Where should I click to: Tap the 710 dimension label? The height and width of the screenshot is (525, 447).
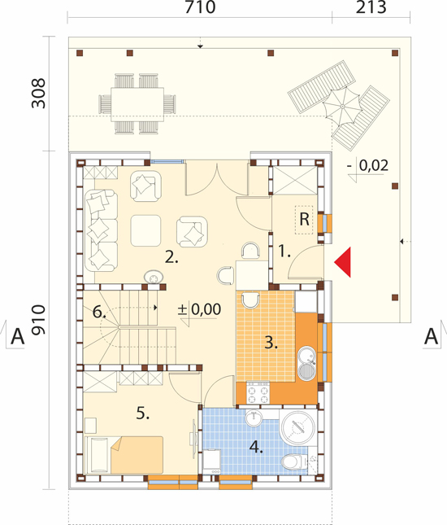pyautogui.click(x=200, y=7)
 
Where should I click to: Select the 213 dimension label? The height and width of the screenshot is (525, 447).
pyautogui.click(x=371, y=7)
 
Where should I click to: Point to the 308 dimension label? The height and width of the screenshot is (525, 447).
pyautogui.click(x=38, y=94)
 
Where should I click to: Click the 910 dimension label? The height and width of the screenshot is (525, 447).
pyautogui.click(x=38, y=320)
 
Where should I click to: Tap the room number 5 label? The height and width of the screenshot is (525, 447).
pyautogui.click(x=143, y=413)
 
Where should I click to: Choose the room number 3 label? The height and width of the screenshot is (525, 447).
pyautogui.click(x=271, y=343)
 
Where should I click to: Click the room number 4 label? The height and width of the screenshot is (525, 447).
pyautogui.click(x=256, y=447)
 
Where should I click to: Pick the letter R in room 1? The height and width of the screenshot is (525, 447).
pyautogui.click(x=304, y=220)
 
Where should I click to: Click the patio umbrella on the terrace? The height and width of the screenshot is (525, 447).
pyautogui.click(x=342, y=106)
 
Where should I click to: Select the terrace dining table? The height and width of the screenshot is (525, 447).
pyautogui.click(x=137, y=104)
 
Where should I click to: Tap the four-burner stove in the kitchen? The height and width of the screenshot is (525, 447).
pyautogui.click(x=258, y=393)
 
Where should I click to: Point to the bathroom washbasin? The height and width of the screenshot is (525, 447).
pyautogui.click(x=254, y=418)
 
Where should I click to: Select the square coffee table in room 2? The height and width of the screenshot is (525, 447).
pyautogui.click(x=145, y=230)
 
